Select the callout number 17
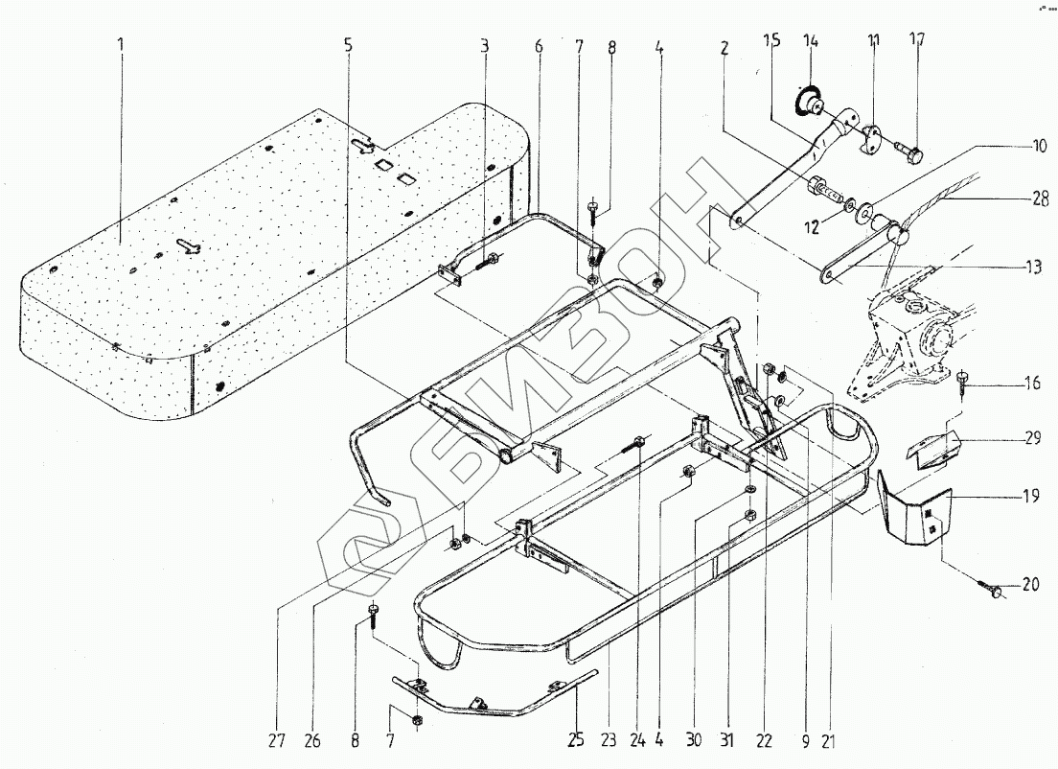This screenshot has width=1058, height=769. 917,42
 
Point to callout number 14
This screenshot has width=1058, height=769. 811,42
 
